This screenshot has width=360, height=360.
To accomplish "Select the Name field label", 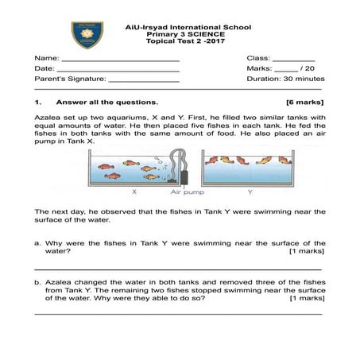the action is [x=47, y=59].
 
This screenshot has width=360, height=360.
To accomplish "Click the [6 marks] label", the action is [x=305, y=103].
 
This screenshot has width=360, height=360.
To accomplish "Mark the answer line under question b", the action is [x=180, y=312].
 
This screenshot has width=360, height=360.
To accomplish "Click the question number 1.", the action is [x=37, y=103].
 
